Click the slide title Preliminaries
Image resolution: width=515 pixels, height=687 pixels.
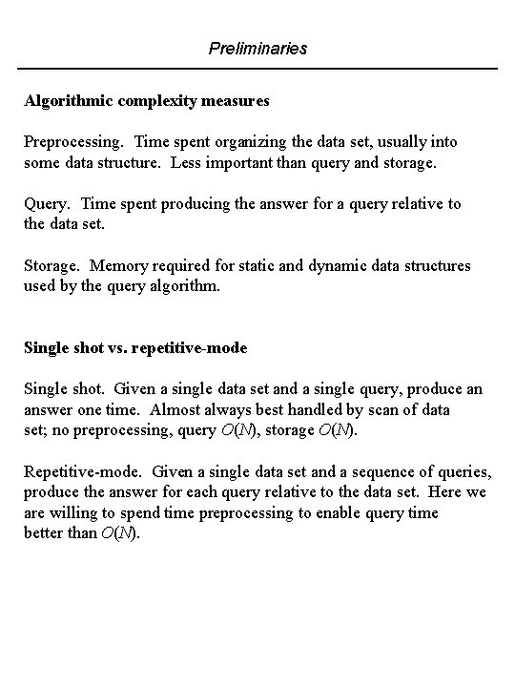(257, 48)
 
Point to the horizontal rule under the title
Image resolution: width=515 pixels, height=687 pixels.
(257, 68)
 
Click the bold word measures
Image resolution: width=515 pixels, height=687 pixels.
(234, 99)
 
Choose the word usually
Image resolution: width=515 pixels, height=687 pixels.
(403, 141)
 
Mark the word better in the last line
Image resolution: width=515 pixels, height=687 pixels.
(45, 533)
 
